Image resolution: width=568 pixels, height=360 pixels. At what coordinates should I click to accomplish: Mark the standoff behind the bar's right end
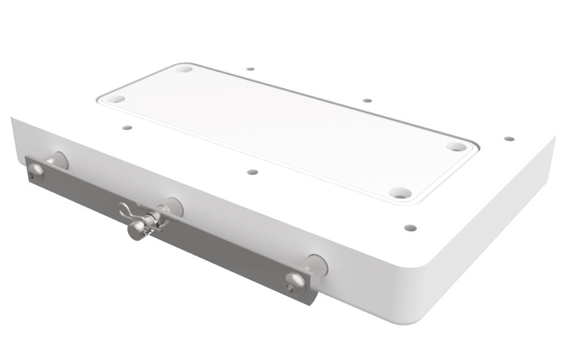316,264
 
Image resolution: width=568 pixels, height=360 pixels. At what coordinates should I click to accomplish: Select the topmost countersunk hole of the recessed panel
184,69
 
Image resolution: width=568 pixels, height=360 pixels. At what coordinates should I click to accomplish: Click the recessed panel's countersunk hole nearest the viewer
399,193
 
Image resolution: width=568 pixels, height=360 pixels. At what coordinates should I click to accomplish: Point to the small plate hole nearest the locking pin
252,171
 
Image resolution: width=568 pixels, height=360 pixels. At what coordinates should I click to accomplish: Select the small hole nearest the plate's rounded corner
410,228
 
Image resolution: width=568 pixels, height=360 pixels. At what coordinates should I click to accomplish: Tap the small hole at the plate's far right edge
509,138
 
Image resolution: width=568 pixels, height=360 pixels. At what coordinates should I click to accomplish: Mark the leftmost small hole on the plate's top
127,128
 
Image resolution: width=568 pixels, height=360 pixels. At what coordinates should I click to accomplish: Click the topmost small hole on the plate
250,69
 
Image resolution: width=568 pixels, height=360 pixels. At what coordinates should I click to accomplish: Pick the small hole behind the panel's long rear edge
367,100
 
